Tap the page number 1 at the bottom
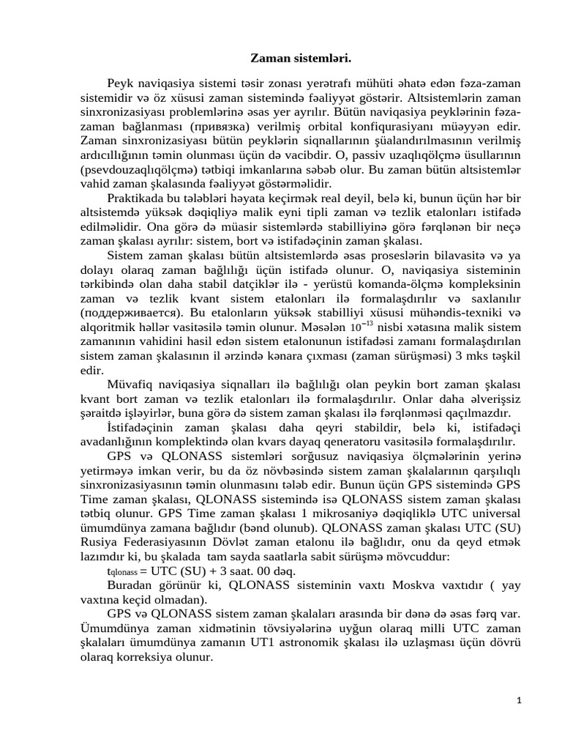pyautogui.click(x=519, y=700)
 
